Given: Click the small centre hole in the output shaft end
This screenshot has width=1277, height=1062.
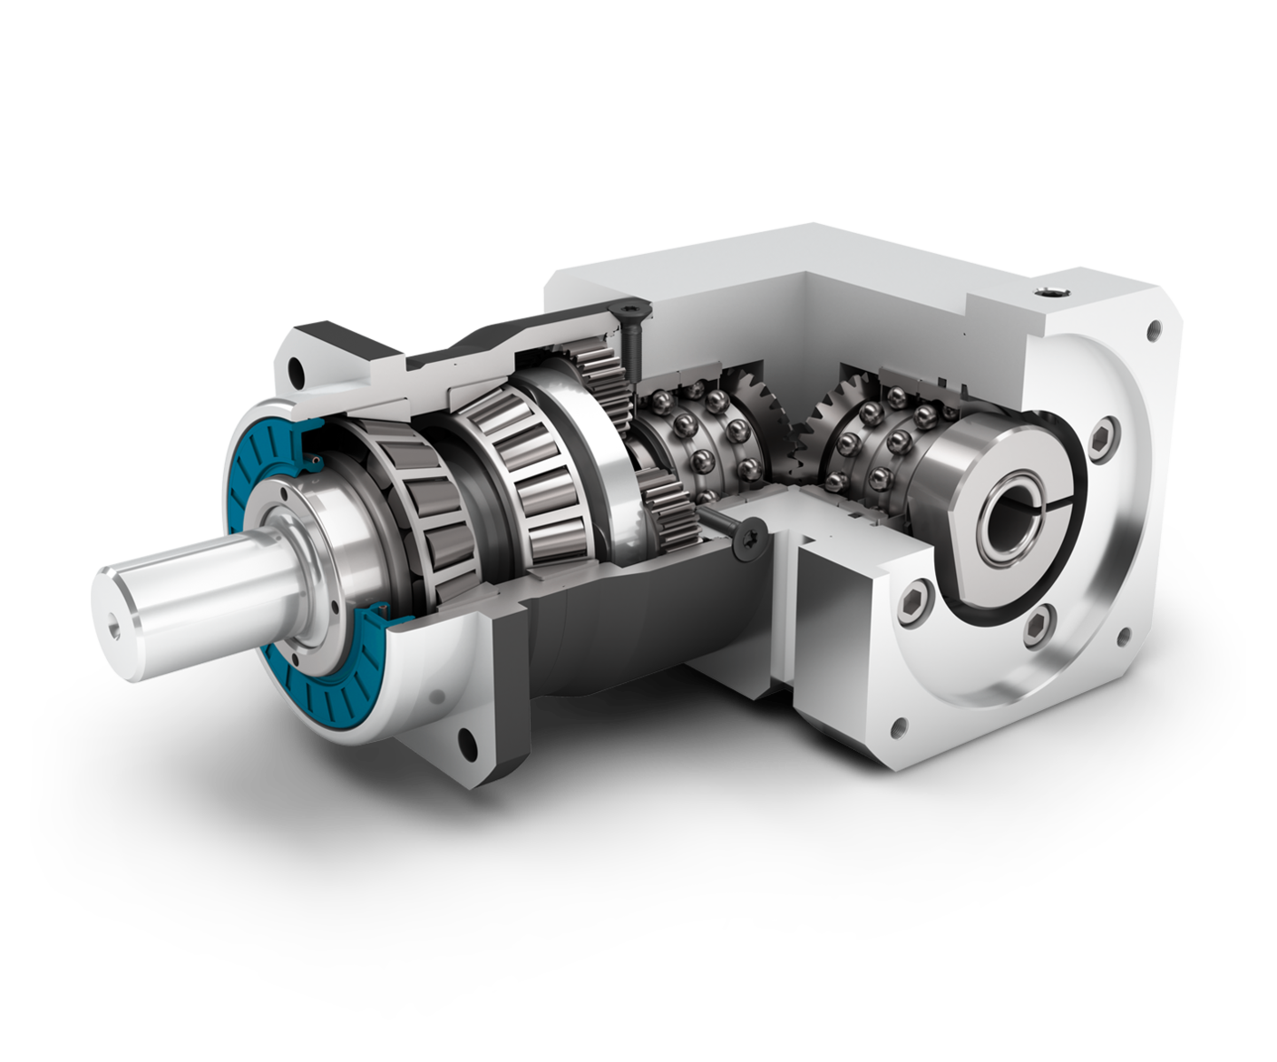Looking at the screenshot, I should [114, 625].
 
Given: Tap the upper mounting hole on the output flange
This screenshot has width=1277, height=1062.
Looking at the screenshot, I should [296, 370].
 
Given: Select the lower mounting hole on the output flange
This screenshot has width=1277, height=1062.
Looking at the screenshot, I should [467, 740].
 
